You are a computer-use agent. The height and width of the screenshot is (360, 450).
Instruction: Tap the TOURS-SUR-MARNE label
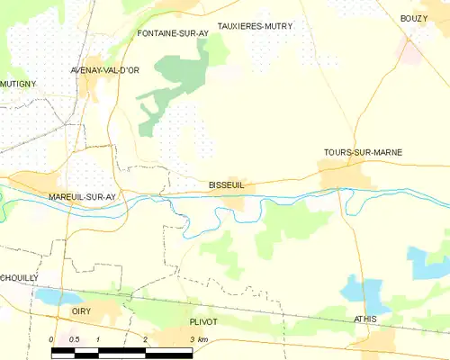tap(363, 152)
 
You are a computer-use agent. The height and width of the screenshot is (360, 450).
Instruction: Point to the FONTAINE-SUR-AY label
tap(173, 33)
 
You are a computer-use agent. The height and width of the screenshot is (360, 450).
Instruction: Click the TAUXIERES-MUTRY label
tap(256, 27)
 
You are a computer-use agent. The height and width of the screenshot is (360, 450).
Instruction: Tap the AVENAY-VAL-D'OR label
tap(104, 69)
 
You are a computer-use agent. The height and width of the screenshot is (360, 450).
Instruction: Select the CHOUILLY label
tap(19, 278)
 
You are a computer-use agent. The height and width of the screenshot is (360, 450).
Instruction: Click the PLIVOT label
tap(203, 321)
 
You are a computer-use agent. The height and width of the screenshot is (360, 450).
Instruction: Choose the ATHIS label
tap(365, 319)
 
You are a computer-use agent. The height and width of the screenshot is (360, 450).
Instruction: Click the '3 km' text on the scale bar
tap(198, 339)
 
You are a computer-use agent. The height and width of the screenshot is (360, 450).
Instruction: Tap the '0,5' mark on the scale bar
tap(75, 339)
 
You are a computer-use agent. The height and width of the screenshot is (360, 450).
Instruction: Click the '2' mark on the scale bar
tap(145, 339)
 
